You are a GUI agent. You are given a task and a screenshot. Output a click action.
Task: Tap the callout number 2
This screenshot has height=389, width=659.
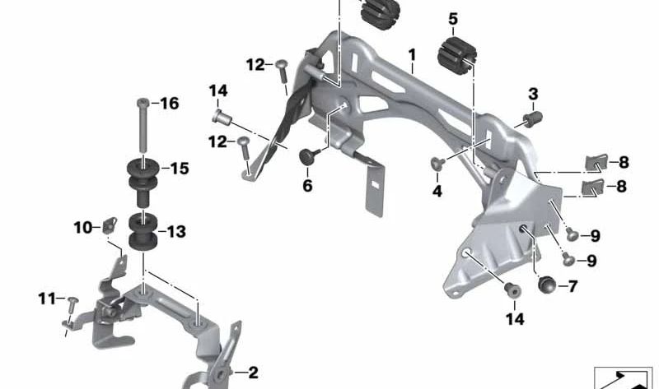(253, 373)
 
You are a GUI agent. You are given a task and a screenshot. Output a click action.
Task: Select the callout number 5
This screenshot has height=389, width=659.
(452, 18)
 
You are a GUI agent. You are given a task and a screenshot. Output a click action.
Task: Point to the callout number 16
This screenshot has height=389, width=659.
(169, 104)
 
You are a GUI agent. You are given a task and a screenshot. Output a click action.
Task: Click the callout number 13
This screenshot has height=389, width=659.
(177, 233)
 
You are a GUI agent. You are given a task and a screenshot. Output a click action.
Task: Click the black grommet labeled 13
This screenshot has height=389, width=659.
(145, 233)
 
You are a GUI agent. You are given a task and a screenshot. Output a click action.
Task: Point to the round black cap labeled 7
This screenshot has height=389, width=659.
(544, 285)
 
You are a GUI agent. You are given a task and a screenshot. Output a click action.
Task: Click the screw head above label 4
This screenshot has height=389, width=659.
(438, 163)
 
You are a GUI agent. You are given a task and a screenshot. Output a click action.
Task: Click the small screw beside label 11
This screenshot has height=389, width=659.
(71, 302)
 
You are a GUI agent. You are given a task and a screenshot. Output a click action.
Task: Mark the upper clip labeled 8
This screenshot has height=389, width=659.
(596, 162)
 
